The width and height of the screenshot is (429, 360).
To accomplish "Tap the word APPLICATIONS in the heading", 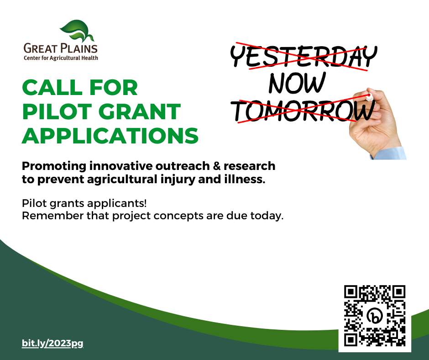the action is (110, 136).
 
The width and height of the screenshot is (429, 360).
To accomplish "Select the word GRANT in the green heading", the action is (140, 112).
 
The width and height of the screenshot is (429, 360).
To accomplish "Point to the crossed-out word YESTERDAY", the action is (303, 56).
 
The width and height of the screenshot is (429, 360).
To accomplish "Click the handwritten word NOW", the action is (297, 83).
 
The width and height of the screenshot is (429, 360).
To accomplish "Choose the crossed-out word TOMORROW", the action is (303, 111).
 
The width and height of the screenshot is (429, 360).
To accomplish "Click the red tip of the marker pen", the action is (369, 95).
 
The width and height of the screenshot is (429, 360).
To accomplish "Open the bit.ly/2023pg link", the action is (52, 343).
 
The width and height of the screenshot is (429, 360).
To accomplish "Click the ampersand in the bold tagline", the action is (216, 166).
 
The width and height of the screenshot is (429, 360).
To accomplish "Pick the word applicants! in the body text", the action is (117, 204).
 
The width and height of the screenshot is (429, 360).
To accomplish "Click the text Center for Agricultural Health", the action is (61, 58).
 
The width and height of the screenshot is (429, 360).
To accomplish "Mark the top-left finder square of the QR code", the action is (351, 292).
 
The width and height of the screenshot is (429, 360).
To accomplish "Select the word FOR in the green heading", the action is (114, 88).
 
